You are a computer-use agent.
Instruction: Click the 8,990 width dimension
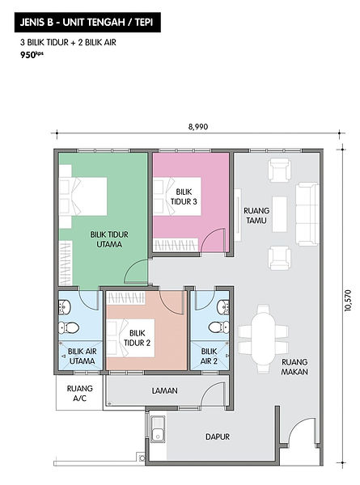[198, 127]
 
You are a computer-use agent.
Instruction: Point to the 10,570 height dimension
[348, 300]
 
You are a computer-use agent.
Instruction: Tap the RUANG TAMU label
[256, 216]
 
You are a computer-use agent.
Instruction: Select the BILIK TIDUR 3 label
[184, 196]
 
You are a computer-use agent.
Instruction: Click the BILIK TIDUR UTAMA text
[109, 239]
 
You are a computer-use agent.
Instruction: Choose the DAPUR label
[218, 436]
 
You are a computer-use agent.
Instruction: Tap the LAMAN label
[165, 391]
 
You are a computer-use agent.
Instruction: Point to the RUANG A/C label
[80, 394]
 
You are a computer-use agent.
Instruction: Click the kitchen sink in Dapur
[157, 429]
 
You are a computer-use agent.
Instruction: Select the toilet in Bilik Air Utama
[69, 327]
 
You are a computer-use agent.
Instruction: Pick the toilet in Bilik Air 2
[219, 327]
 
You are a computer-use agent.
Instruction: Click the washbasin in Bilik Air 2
[223, 307]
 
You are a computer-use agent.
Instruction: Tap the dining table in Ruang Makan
[263, 339]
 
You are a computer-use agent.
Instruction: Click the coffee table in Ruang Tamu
[280, 214]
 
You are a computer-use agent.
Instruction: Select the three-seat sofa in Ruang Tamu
[307, 214]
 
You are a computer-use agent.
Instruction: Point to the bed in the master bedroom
[83, 196]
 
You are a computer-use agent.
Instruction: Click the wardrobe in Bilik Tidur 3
[176, 245]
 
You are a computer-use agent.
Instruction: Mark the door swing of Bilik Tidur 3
[212, 241]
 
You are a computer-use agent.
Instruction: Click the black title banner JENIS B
[87, 23]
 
